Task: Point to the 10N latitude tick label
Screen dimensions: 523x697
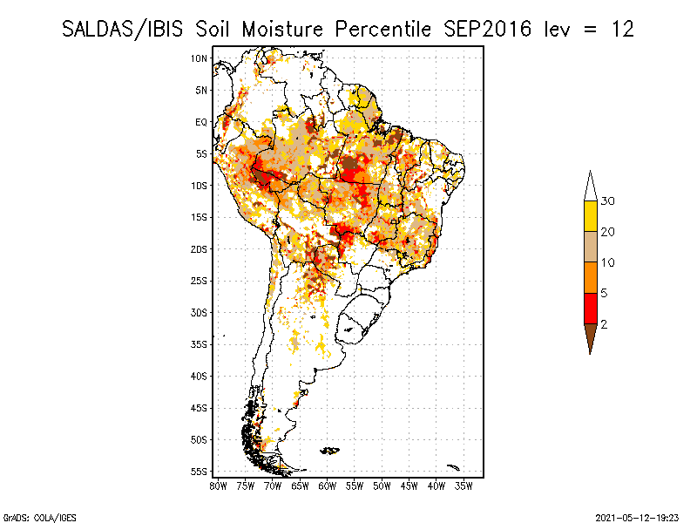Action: click(x=200, y=58)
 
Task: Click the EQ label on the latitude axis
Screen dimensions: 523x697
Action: click(x=201, y=122)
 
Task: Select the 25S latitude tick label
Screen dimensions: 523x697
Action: click(x=200, y=281)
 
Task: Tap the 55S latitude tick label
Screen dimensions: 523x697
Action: click(x=200, y=472)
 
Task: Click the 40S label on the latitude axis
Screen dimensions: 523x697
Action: click(x=200, y=376)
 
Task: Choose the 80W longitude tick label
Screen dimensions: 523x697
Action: click(x=219, y=486)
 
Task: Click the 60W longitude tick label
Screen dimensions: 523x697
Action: click(x=328, y=486)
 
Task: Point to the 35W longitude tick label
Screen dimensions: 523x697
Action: click(x=464, y=486)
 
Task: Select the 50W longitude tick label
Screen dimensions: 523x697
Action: click(x=382, y=486)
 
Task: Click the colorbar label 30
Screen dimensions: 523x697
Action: click(x=608, y=201)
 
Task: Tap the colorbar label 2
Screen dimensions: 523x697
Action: click(x=604, y=324)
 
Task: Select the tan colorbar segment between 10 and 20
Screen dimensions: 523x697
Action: click(x=591, y=248)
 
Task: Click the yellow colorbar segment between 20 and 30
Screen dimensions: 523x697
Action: click(x=591, y=217)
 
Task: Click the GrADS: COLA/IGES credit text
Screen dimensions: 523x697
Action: click(x=28, y=516)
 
